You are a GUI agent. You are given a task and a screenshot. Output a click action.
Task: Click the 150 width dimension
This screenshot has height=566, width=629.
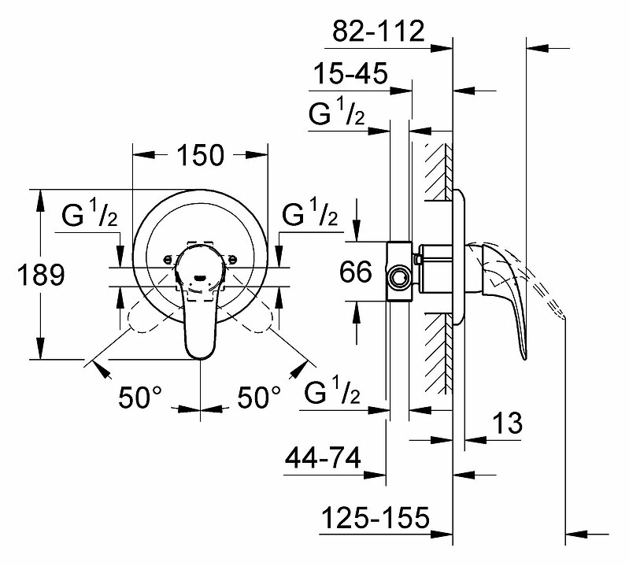coord(200,155)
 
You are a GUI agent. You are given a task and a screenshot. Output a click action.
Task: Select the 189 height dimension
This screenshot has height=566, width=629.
coord(41,275)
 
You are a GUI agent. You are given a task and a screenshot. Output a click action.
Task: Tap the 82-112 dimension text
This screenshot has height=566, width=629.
coord(379,31)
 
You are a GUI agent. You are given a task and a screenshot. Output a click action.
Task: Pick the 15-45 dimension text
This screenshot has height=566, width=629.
coord(350,73)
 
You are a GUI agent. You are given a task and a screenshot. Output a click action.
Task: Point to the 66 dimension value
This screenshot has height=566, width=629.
coord(355,272)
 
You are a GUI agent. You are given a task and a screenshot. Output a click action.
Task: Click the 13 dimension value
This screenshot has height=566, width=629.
coord(507,424)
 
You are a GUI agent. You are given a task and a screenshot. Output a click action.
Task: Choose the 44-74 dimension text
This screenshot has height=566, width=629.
coord(323,457)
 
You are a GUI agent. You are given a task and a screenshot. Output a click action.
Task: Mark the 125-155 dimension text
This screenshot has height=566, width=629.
coord(376,517)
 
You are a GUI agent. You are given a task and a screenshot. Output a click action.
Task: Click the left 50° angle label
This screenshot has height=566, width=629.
coord(140,397)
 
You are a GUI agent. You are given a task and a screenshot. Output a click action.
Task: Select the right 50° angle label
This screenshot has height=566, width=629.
coord(259,397)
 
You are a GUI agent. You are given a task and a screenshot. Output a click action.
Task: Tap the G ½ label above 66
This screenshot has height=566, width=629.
coord(337,113)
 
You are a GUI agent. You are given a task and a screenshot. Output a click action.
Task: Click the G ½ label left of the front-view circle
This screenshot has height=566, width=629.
coord(90,213)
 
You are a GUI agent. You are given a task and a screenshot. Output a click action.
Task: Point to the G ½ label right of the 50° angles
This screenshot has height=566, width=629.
coord(332,390)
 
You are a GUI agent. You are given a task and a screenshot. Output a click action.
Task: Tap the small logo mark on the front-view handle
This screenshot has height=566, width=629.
coord(199,277)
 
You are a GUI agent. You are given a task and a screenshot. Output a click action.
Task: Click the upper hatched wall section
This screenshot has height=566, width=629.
coord(438,172)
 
